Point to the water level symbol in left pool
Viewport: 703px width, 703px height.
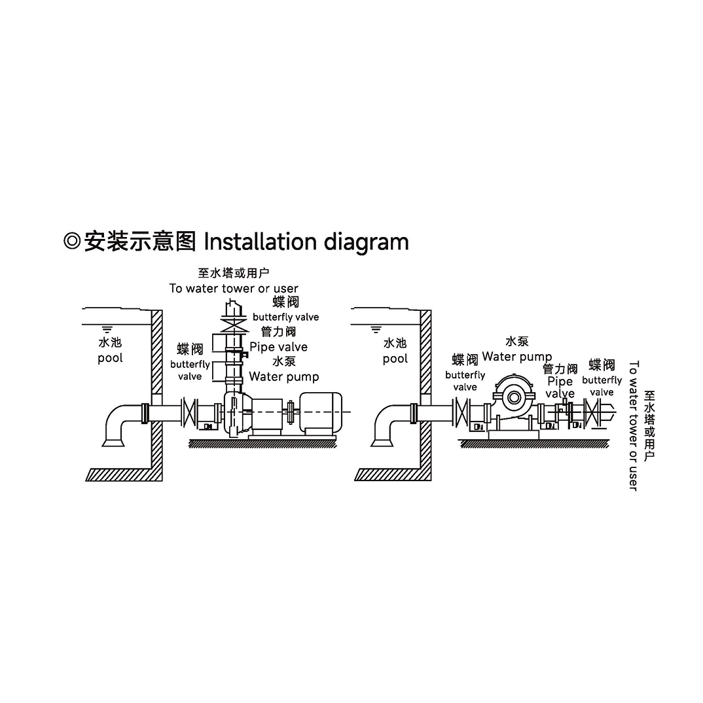point(108,327)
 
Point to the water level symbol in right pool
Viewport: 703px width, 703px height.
point(376,327)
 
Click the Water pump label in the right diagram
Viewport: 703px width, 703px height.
point(516,357)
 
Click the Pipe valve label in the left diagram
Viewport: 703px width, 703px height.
point(278,347)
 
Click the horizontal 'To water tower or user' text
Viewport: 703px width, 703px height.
point(234,289)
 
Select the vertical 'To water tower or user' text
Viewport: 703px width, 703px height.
point(633,425)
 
